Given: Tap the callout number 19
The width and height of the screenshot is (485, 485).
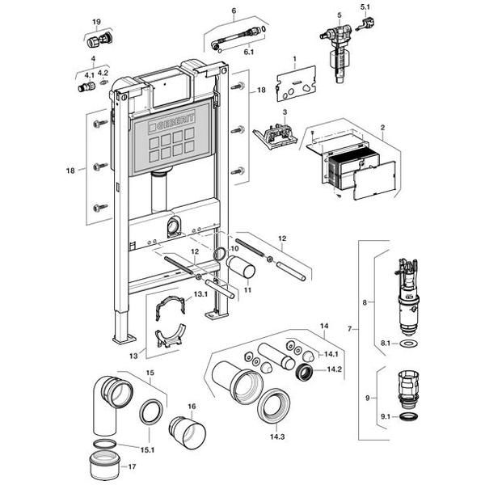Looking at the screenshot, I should coord(96,22).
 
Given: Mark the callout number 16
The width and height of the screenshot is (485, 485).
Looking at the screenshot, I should coord(192,407).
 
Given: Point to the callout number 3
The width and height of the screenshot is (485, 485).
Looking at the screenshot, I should coord(285,111).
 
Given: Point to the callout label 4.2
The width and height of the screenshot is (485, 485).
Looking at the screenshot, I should coord(103,72).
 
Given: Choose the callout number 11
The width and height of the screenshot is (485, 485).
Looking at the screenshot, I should coord(248,288).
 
